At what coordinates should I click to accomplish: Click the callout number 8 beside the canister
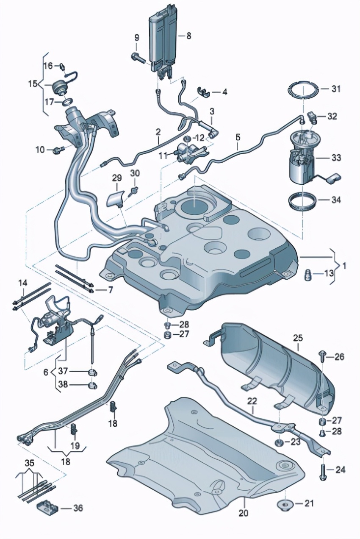coord(188,36)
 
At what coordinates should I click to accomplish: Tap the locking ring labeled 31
coord(302,90)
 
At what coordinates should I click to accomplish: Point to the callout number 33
coord(336,158)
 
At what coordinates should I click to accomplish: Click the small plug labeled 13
coord(308,274)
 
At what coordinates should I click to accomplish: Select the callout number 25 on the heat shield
coord(298,338)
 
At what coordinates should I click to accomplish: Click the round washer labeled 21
coord(285,505)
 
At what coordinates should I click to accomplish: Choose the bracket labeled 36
coord(47,507)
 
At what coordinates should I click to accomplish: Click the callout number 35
coord(29,463)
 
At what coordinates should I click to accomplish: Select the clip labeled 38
coord(92,385)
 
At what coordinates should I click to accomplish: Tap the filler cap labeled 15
coord(58,88)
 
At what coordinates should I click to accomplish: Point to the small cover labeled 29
coord(116,197)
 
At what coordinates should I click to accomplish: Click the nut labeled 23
coord(280,443)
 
